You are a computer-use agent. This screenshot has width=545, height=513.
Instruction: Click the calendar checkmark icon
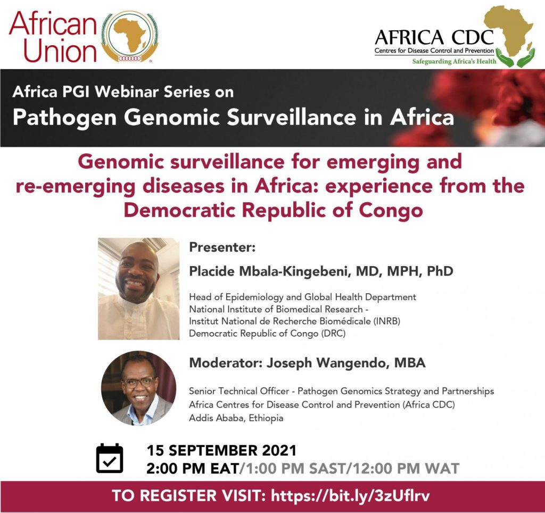click(110, 458)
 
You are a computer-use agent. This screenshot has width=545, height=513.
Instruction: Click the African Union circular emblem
click(130, 37)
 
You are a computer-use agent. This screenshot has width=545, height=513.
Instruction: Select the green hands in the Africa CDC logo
click(515, 57)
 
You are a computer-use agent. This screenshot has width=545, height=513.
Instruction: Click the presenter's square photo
click(139, 288)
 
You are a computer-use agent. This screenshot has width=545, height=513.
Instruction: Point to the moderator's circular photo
click(138, 388)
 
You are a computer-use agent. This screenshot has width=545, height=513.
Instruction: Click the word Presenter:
click(222, 247)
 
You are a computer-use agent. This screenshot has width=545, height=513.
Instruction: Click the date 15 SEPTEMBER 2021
click(222, 450)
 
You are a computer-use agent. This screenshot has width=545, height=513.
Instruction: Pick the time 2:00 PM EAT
click(193, 468)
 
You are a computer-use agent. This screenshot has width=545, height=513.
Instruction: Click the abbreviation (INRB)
click(387, 321)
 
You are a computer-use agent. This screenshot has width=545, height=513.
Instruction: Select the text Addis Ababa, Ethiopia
click(236, 418)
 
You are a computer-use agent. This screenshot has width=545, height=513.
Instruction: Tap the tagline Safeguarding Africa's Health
click(455, 62)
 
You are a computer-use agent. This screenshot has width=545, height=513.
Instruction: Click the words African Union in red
click(53, 37)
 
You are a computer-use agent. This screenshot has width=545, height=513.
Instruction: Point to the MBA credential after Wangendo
click(410, 363)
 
